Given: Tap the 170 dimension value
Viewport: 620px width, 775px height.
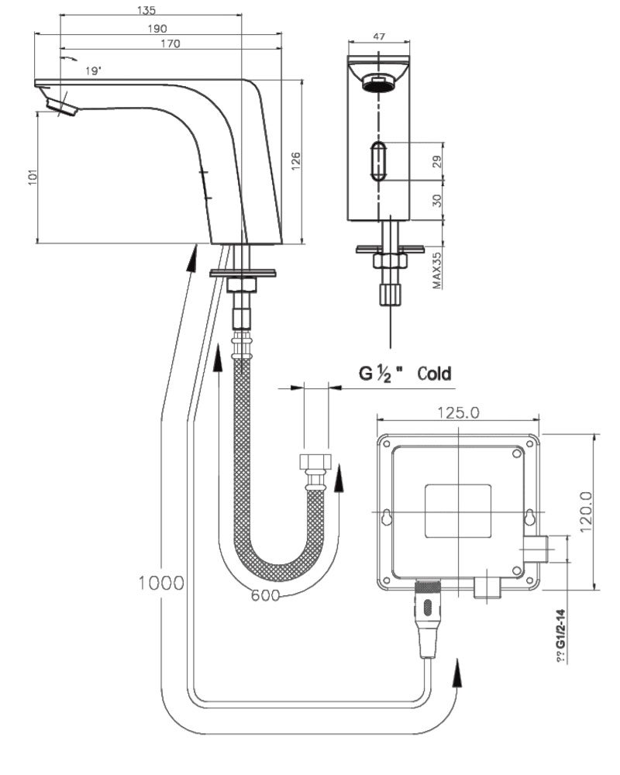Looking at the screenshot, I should point(170,43).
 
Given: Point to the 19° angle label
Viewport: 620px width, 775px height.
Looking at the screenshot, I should point(94,71).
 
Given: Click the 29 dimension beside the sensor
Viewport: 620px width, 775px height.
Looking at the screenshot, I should point(436,162).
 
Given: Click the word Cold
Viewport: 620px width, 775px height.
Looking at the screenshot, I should point(434,374).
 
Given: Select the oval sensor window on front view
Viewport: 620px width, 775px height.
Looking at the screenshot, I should point(377,160).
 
